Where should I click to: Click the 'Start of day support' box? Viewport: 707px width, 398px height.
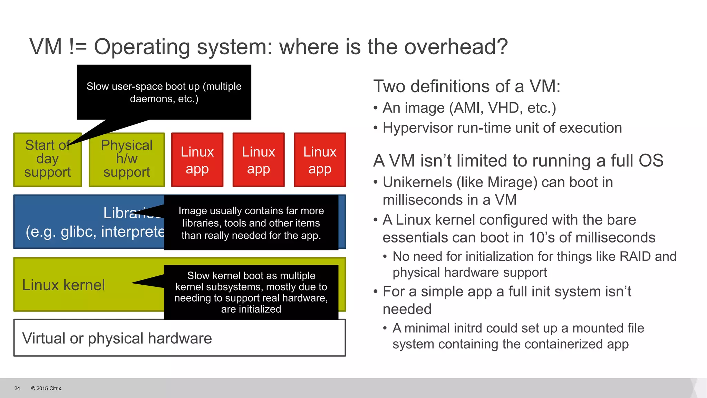(47, 160)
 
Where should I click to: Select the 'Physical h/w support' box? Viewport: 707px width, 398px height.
(127, 160)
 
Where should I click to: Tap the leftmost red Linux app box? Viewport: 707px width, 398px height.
(197, 160)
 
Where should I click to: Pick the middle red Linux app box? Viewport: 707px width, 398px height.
(259, 160)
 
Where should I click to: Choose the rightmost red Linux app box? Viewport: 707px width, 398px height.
(320, 160)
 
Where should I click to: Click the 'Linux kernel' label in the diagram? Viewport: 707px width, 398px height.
(64, 285)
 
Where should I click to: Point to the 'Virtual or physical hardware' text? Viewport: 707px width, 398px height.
(117, 338)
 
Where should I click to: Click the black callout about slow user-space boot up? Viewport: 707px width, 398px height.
(164, 92)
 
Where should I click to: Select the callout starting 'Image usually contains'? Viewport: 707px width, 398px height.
(251, 223)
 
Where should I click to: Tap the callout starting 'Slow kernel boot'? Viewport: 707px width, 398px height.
(251, 292)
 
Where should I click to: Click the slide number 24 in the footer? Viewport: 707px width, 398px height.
(17, 388)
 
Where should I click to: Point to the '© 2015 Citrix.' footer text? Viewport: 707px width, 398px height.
(47, 388)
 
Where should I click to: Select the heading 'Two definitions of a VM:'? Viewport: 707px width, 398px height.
(467, 86)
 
